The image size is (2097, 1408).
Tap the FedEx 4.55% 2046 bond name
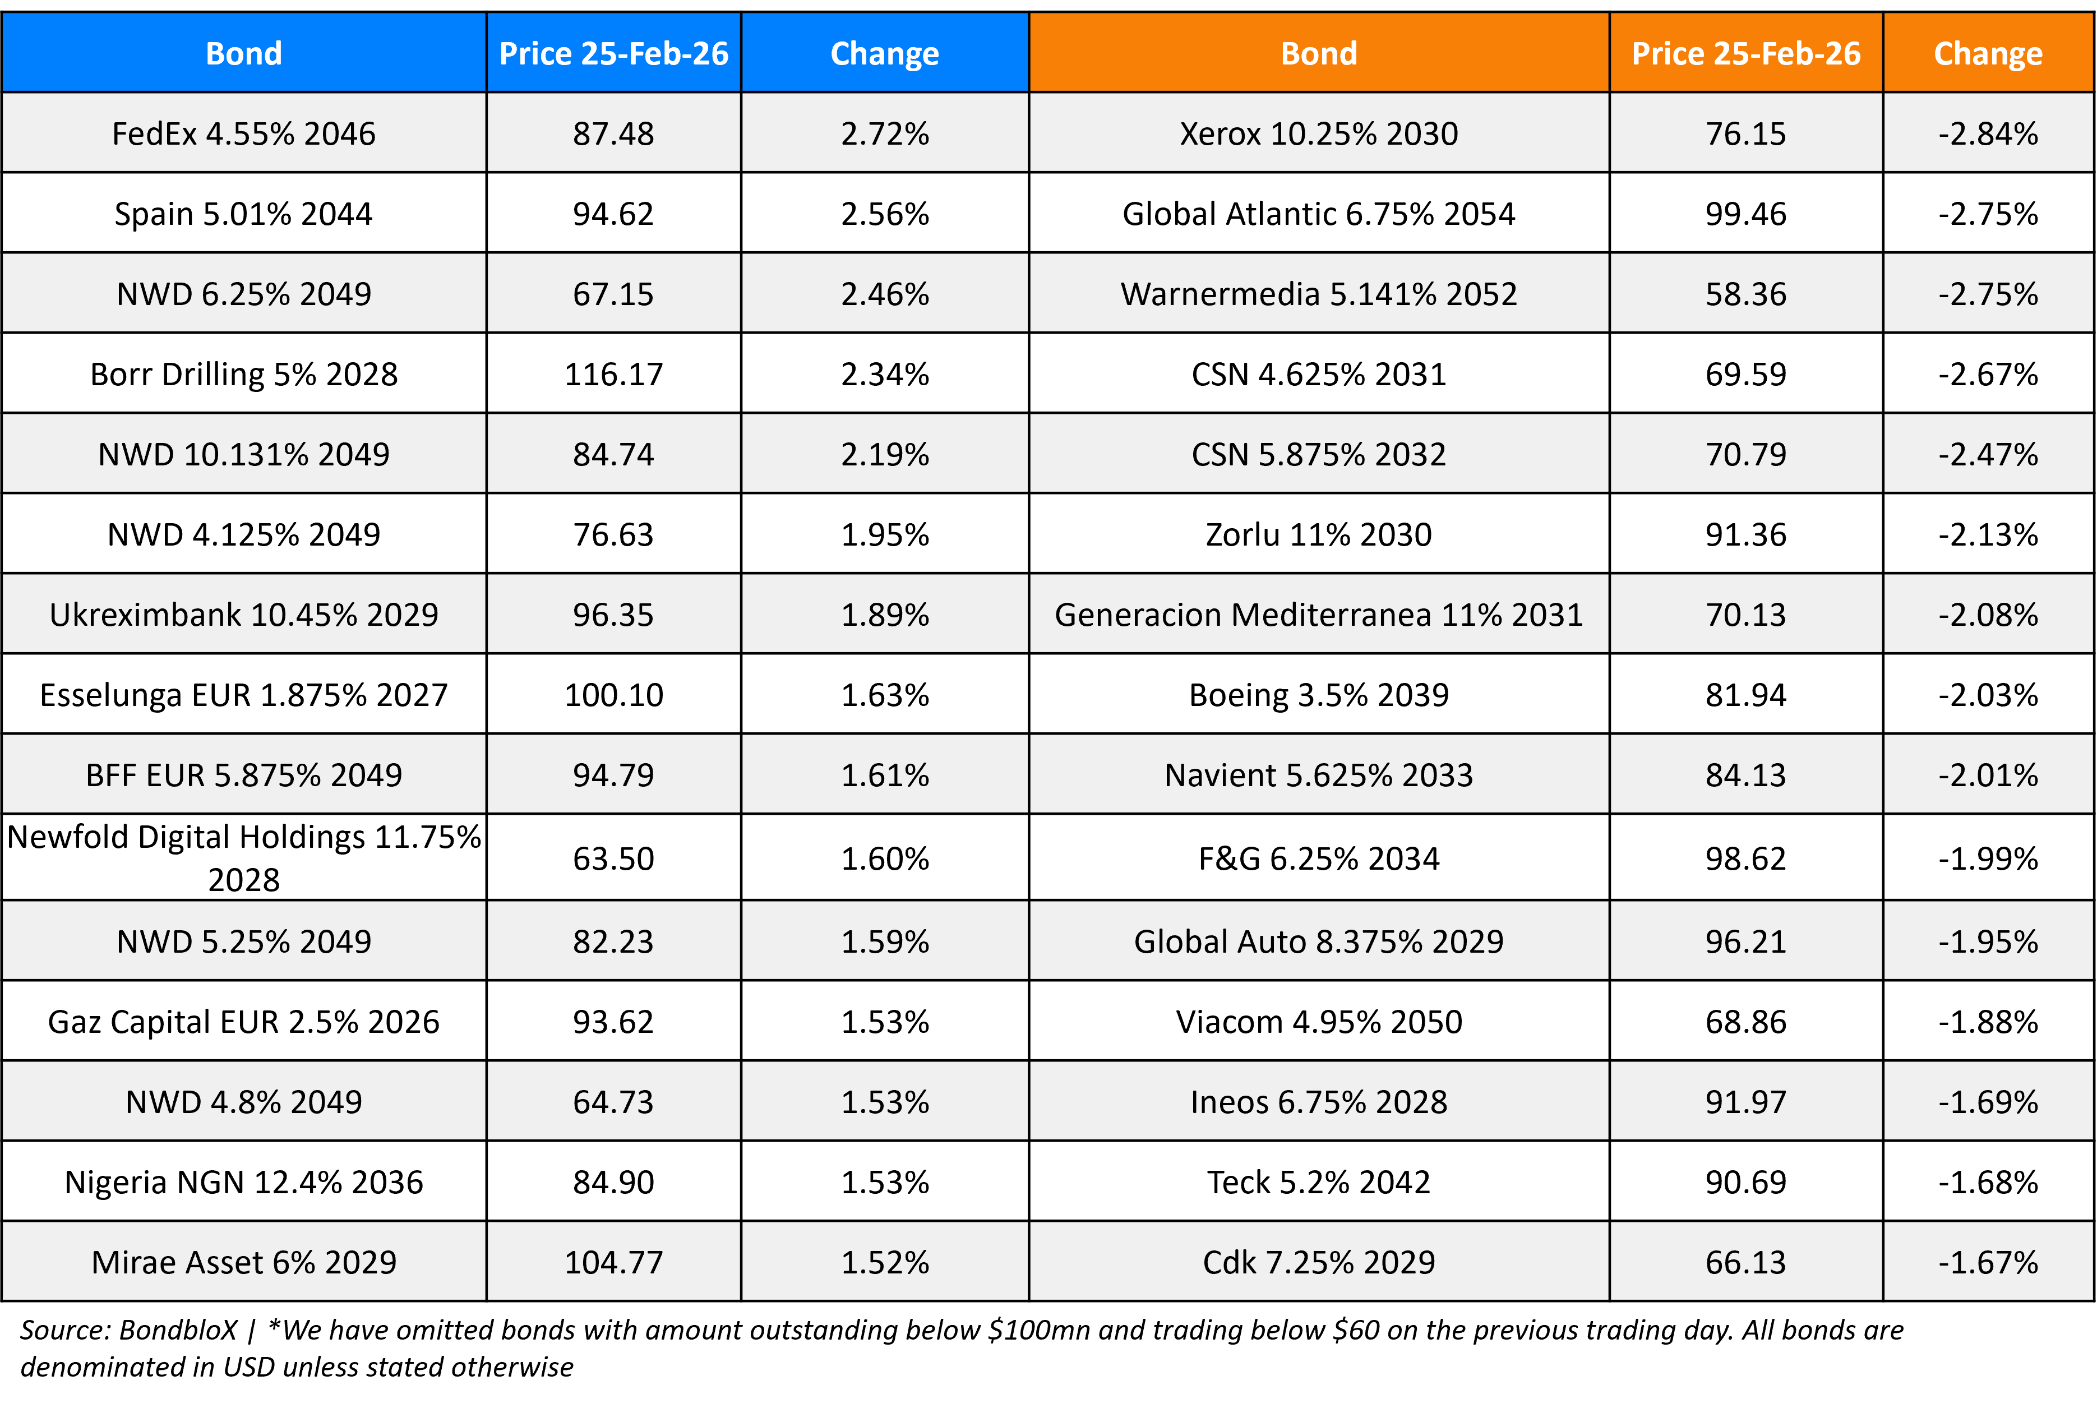tap(243, 134)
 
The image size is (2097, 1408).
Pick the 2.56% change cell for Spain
tap(884, 214)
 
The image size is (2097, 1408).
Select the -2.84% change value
tap(1988, 134)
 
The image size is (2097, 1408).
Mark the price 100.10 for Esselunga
tap(613, 695)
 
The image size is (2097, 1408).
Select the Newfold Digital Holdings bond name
tap(243, 857)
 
